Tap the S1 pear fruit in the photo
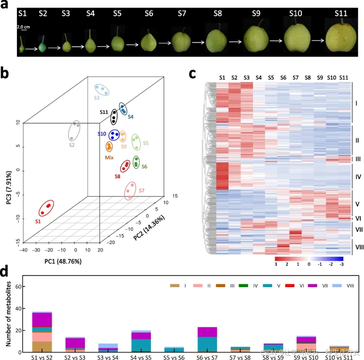pos(21,45)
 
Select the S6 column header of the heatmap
pos(283,78)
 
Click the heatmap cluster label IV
pos(358,173)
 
